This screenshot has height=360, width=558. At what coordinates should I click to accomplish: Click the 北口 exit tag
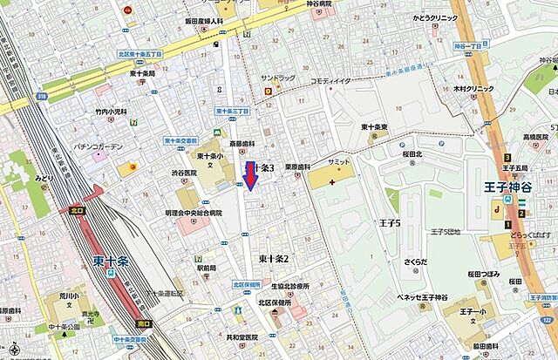(77, 210)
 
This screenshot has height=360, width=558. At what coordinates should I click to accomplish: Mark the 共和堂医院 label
(240, 337)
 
